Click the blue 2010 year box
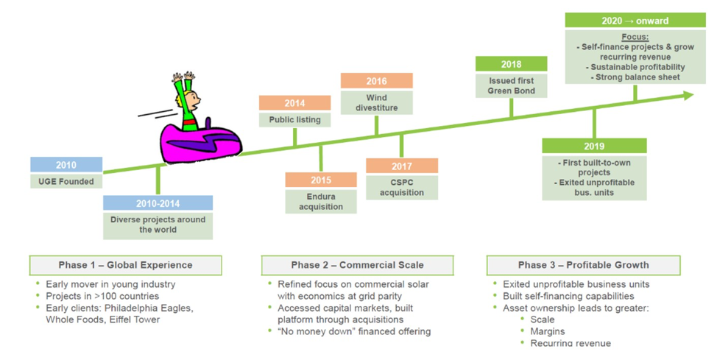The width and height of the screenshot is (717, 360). coord(66,165)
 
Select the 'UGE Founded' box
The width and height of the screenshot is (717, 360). coord(66,181)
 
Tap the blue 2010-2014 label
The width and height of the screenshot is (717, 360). coord(158,203)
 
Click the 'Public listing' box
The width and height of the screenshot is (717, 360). coord(294,120)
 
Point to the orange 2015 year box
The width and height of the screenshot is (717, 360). coord(320,180)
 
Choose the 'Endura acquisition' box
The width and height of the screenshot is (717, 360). coord(320,201)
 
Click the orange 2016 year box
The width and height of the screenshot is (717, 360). coord(376,81)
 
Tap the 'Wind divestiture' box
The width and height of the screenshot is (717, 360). coord(376,102)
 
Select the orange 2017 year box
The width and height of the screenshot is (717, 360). coord(402,166)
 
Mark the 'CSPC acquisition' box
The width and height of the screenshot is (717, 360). coord(402,187)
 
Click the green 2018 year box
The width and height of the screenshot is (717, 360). coord(511,64)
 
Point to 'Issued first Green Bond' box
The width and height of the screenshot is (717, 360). coord(511,85)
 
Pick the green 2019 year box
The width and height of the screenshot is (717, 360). coord(594,146)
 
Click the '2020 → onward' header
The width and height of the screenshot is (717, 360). coord(635,21)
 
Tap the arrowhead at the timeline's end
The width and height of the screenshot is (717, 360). coord(688,95)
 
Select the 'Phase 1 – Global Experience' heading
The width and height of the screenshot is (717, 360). coord(125,265)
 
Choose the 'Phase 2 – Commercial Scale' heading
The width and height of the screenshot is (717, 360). coord(357,265)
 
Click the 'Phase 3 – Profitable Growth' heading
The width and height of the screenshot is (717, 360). coord(583,265)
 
